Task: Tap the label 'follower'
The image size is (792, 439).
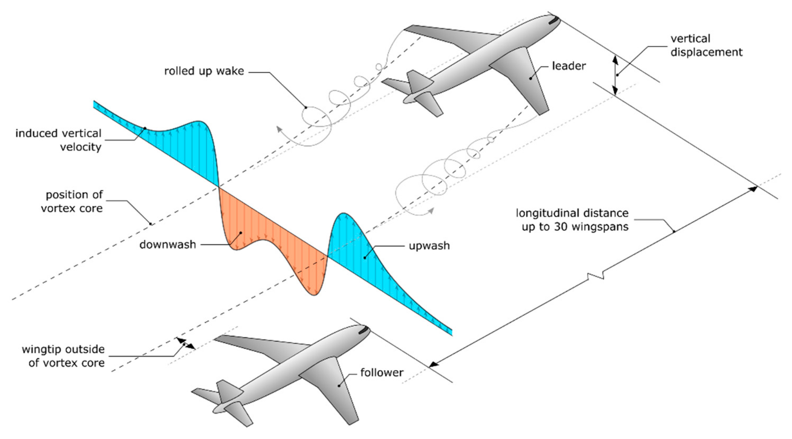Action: tap(382, 373)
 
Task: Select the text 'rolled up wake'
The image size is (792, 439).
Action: tap(204, 71)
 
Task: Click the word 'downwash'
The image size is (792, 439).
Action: tap(168, 245)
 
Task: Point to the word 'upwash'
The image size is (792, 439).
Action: tap(429, 246)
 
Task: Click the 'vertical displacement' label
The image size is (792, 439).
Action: tap(706, 45)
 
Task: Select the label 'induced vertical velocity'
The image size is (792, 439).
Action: tap(58, 140)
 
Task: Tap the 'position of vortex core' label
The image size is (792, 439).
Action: tap(72, 202)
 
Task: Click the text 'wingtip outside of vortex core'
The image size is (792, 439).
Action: tap(63, 356)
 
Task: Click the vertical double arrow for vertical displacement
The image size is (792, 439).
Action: tap(615, 75)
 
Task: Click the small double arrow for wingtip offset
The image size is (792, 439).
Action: tap(186, 343)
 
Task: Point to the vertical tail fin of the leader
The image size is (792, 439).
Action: tap(420, 81)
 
